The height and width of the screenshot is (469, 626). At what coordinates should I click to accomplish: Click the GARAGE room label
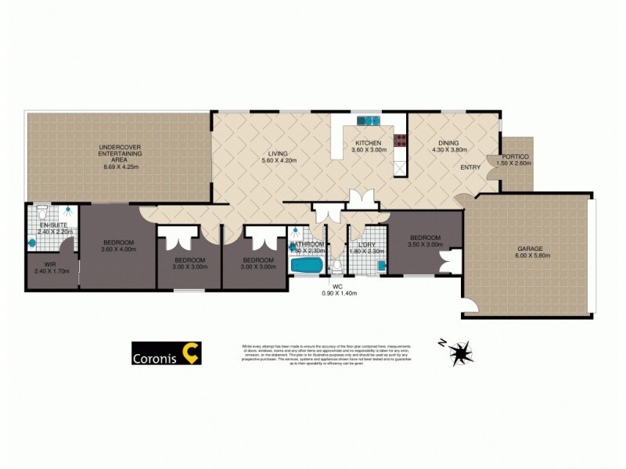point(530,248)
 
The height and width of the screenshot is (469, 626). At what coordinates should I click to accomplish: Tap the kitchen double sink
point(368,120)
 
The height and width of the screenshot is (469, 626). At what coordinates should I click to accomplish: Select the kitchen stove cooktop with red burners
point(401,142)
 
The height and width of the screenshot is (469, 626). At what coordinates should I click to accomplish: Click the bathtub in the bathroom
point(306,265)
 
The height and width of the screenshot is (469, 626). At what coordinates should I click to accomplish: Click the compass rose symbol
point(460,353)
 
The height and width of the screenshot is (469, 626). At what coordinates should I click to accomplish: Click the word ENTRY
point(470,167)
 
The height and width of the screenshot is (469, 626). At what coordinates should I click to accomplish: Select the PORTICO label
point(516,156)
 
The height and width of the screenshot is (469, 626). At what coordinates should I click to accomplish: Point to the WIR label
point(49,264)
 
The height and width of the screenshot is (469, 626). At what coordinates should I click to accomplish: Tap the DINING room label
point(448,143)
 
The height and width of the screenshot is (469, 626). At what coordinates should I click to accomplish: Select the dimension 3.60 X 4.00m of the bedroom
point(119,249)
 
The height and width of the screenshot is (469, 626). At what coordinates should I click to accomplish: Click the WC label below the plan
point(338,286)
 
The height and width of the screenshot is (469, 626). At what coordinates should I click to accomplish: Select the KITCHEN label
point(368,143)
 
